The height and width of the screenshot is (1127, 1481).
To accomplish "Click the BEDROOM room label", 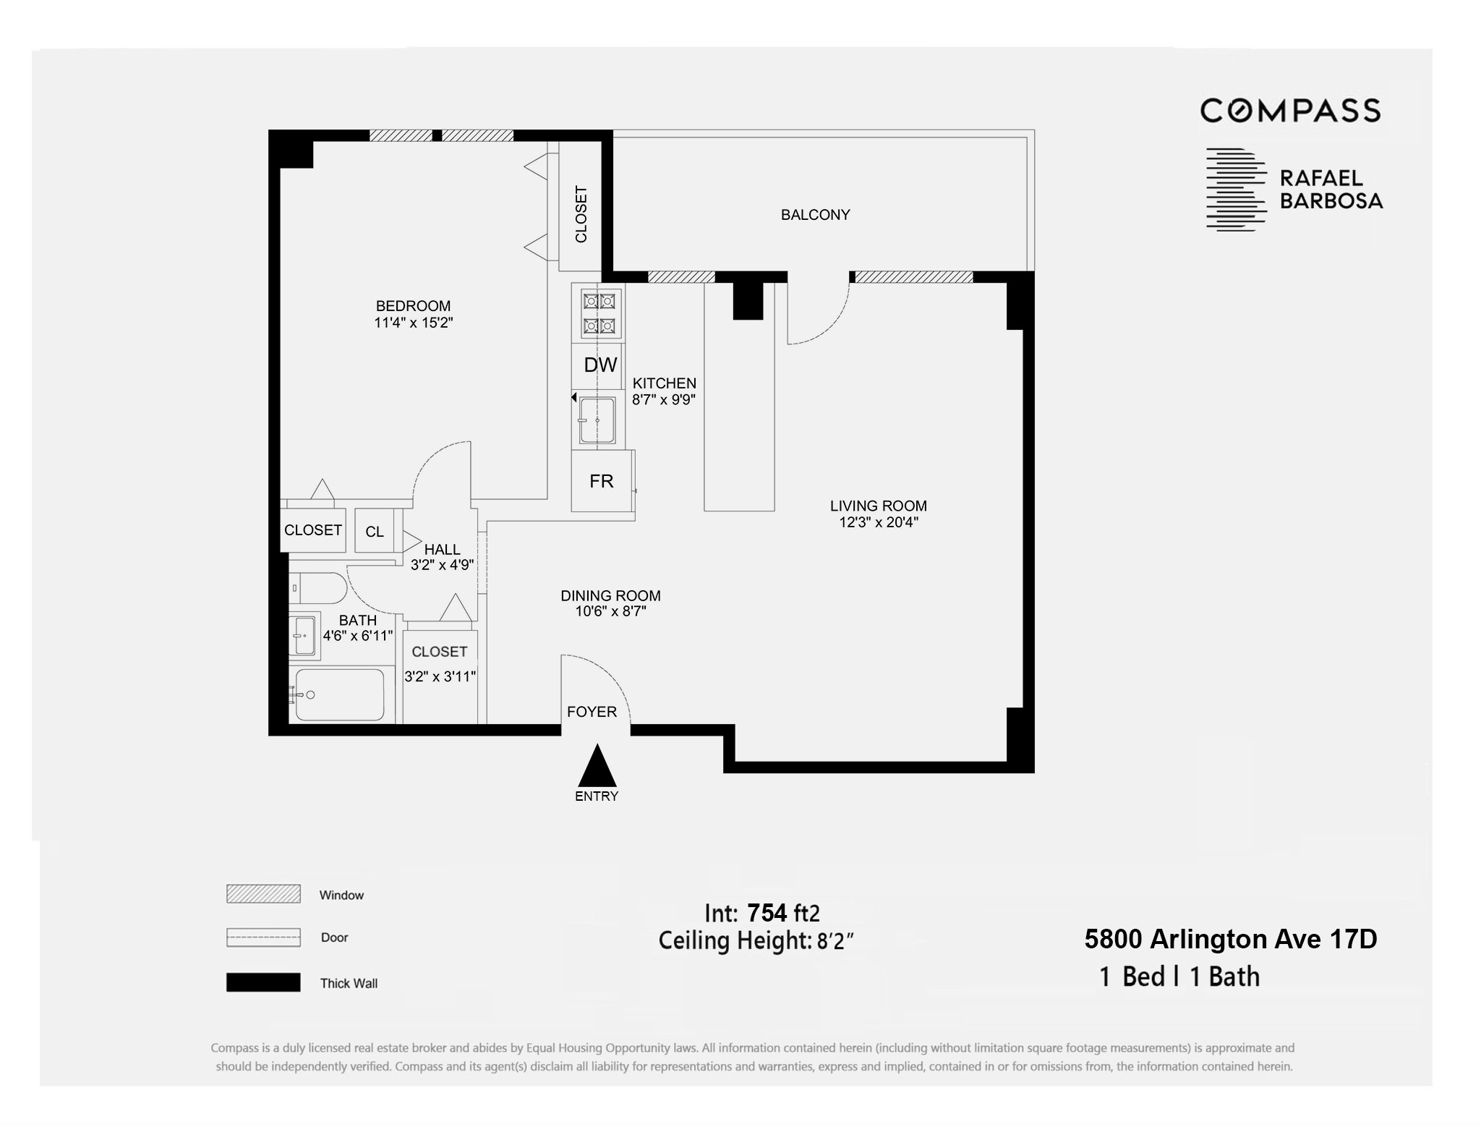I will click(413, 306).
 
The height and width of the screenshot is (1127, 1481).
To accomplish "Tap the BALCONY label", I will click(815, 215).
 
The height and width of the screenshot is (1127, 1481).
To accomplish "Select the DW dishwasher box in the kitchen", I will click(600, 365).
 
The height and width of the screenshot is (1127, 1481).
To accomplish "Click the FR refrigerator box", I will click(601, 481).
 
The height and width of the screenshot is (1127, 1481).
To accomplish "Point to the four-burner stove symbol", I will click(598, 313).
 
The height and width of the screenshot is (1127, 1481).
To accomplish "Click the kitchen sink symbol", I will click(597, 420).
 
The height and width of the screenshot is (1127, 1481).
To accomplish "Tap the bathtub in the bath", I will click(339, 694).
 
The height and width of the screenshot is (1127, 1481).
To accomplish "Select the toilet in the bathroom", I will click(318, 588).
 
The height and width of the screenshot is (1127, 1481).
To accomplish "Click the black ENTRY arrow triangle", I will click(597, 766).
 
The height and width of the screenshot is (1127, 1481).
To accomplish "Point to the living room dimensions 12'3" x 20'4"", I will click(879, 522).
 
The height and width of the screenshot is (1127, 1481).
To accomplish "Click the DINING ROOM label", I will click(610, 595).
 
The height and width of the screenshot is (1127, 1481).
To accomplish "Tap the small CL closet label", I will click(375, 532).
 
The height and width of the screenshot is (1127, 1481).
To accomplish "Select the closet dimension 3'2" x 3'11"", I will click(440, 676).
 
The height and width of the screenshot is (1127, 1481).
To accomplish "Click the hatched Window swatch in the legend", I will click(263, 894).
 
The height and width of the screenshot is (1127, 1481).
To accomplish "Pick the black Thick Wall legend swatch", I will click(263, 982).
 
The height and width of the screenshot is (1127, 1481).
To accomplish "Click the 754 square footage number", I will click(767, 913).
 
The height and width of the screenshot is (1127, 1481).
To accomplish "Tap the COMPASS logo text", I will click(1290, 111).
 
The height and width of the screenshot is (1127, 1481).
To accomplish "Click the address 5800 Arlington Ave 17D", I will click(1231, 939).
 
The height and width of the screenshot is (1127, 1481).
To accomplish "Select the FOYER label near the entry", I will click(592, 712).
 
